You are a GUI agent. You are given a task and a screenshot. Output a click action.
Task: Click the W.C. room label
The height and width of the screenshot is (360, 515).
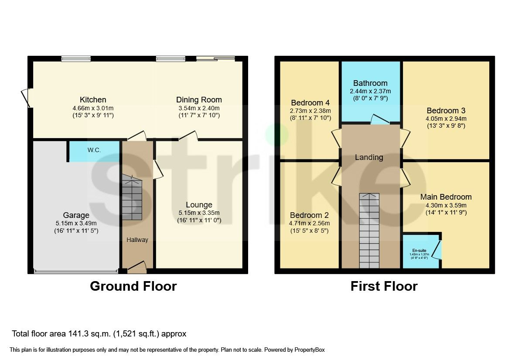click(x=94, y=150)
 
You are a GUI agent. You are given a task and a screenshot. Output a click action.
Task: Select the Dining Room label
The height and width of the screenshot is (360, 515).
click(x=199, y=100)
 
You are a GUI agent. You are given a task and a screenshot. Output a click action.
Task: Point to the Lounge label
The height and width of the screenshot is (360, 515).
click(x=199, y=205)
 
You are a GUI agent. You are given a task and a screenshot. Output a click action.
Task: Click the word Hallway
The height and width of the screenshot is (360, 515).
click(x=137, y=240)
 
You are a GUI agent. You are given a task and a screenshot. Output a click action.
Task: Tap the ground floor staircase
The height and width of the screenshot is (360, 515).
click(x=132, y=198)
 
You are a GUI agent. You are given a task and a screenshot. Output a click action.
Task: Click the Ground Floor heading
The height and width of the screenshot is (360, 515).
click(x=133, y=286)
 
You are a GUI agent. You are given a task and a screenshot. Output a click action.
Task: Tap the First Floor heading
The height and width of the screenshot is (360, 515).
click(x=384, y=286)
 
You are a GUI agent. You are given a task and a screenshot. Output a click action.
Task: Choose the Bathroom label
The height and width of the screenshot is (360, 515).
click(x=370, y=83)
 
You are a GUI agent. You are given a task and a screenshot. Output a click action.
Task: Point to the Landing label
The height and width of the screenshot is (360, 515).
click(x=369, y=157)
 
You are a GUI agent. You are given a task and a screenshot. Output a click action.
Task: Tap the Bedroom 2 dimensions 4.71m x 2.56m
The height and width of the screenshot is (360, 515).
click(x=310, y=223)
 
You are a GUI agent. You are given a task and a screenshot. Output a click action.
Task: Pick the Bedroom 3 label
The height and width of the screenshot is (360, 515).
click(x=446, y=111)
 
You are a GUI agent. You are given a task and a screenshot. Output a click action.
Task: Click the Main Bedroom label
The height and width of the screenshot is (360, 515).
click(x=446, y=197)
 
